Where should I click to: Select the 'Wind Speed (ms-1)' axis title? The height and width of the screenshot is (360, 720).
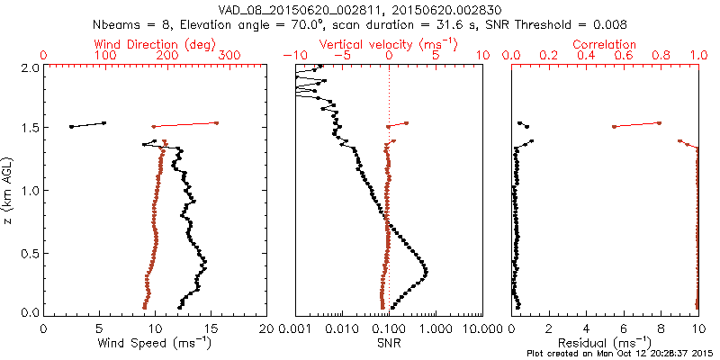tap(156, 343)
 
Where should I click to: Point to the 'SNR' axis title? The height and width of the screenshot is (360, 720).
tap(388, 343)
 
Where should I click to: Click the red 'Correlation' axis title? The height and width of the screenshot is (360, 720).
tap(605, 44)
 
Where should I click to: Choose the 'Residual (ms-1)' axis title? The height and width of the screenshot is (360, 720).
tap(605, 343)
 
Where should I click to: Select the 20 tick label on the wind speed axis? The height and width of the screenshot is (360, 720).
tap(266, 328)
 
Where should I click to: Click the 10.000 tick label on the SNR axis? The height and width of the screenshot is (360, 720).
tap(483, 328)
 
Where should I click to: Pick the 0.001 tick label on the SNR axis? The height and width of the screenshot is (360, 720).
tap(296, 328)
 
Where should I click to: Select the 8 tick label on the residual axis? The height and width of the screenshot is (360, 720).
tap(661, 328)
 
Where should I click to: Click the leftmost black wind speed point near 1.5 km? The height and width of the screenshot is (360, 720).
tap(71, 127)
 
